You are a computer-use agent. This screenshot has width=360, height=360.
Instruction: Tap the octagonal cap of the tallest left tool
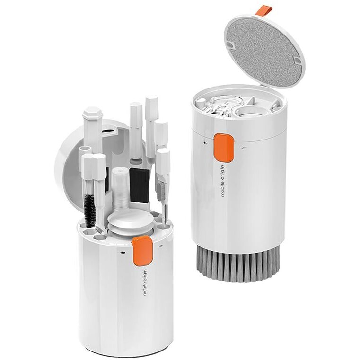pyautogui.click(x=91, y=114)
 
